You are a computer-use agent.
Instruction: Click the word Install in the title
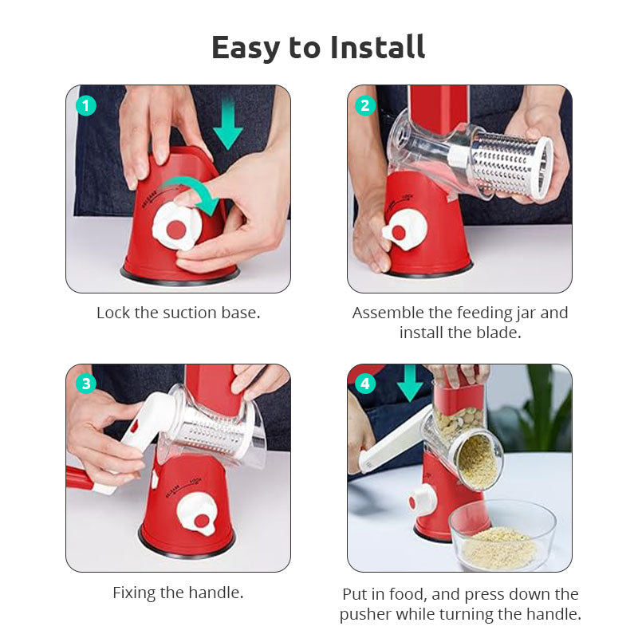pyautogui.click(x=378, y=47)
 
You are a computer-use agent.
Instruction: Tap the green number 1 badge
pyautogui.click(x=86, y=106)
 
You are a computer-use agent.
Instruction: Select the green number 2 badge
pyautogui.click(x=365, y=106)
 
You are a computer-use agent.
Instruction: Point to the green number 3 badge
pyautogui.click(x=86, y=384)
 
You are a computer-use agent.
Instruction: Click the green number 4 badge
pyautogui.click(x=365, y=384)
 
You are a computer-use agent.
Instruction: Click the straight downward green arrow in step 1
pyautogui.click(x=228, y=122)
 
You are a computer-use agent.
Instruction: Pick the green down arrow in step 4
pyautogui.click(x=410, y=383)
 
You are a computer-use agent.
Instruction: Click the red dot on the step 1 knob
pyautogui.click(x=176, y=230)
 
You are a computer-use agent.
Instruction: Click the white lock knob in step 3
pyautogui.click(x=197, y=514)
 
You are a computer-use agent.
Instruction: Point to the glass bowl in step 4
pyautogui.click(x=502, y=535)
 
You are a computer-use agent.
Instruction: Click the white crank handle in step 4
pyautogui.click(x=392, y=443)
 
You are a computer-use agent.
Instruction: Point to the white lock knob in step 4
pyautogui.click(x=423, y=500)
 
